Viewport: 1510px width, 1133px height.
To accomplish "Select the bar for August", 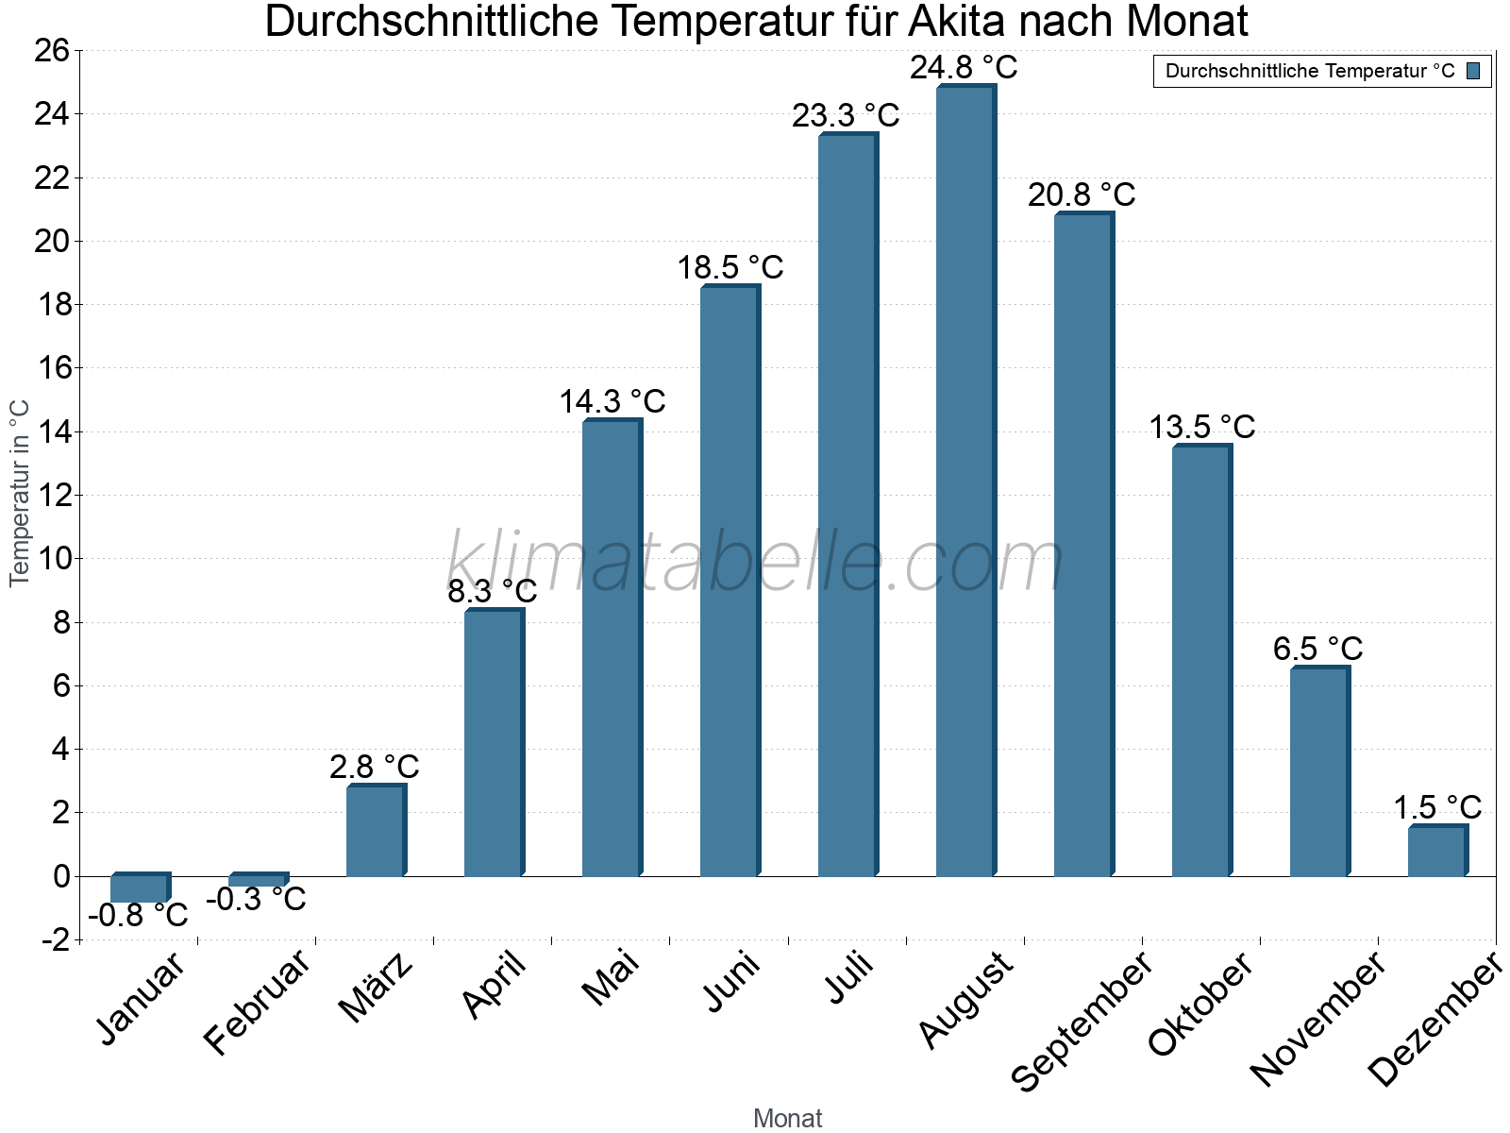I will point(965,482).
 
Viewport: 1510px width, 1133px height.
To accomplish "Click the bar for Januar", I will point(139,888).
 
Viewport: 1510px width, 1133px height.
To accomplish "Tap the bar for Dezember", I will point(1436,852).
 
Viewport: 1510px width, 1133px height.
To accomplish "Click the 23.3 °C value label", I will point(846,116).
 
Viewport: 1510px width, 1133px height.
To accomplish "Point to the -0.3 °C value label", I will point(256,900).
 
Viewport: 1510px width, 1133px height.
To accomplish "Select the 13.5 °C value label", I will point(1201,428).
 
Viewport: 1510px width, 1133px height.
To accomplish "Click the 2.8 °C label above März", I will point(374,768).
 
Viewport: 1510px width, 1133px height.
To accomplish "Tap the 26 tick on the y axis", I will point(52,51).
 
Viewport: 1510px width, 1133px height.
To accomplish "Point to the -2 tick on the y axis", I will point(55,940).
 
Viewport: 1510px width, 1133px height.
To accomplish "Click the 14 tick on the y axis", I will point(52,432).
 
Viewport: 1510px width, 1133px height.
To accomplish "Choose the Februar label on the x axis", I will point(257,1001).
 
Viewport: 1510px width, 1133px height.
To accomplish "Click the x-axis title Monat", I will point(788,1119).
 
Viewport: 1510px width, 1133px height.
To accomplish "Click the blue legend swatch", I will point(1473,72).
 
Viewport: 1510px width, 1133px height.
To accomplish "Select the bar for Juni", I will point(729,581).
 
